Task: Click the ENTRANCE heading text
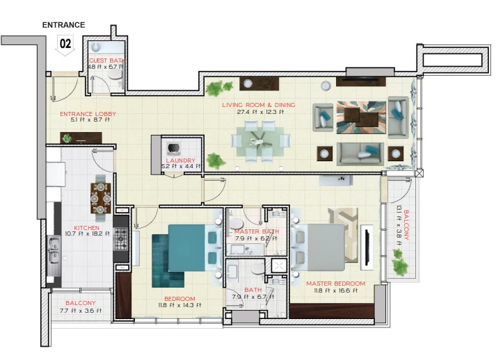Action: click(x=63, y=25)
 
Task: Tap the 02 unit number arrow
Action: click(x=65, y=44)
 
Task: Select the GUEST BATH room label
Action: click(x=107, y=61)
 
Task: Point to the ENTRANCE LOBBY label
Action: click(x=88, y=114)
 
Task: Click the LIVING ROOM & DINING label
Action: click(x=258, y=105)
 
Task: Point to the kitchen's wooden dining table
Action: click(x=100, y=197)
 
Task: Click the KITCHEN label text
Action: click(x=88, y=228)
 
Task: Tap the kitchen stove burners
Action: click(x=121, y=239)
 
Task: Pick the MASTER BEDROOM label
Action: click(x=335, y=284)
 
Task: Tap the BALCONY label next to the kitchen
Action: click(x=81, y=304)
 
